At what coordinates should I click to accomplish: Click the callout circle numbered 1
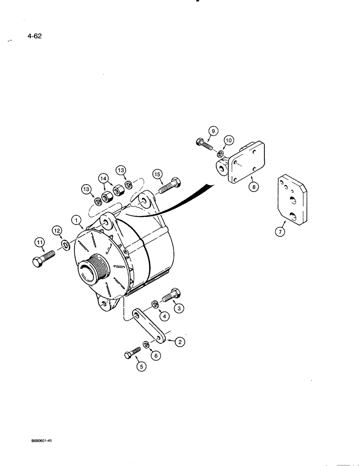(x=76, y=219)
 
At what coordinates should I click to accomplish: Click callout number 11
(x=38, y=242)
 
